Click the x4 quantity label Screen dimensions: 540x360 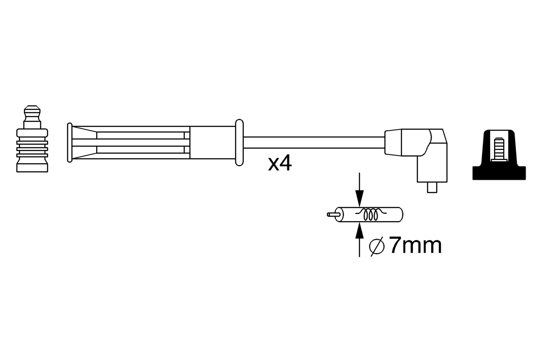(x=280, y=164)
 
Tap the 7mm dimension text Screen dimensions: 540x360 (x=416, y=246)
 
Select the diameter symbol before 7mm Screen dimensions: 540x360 (x=377, y=246)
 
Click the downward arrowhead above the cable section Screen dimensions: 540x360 (x=359, y=198)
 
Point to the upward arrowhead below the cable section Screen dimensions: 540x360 (x=359, y=231)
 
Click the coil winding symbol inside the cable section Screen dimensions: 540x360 (x=371, y=214)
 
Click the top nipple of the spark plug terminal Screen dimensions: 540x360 (x=32, y=114)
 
